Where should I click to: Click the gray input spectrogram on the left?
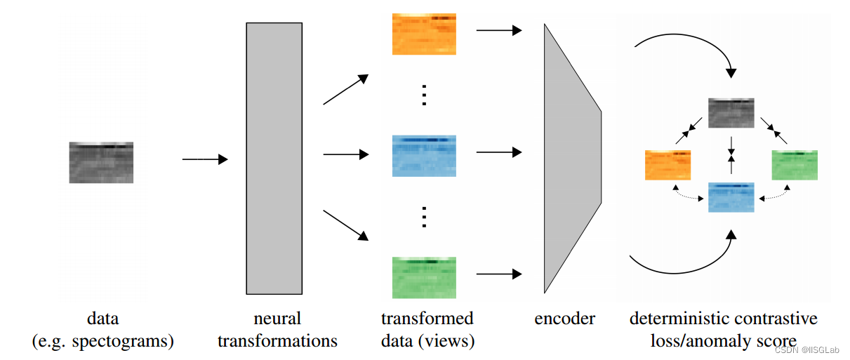(101, 162)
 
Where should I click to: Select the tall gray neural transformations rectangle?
(274, 158)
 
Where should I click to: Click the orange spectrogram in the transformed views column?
(424, 34)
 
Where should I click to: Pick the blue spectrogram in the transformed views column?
(424, 155)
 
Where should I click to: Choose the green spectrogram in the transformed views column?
(424, 277)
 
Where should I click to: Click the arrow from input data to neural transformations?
(205, 159)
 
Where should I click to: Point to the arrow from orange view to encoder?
(499, 30)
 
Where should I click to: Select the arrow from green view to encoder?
(499, 274)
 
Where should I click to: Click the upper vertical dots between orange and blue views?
(424, 94)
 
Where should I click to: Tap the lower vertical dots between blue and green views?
(424, 217)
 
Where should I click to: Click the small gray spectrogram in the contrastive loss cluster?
(731, 113)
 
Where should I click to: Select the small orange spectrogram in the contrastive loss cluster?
(668, 165)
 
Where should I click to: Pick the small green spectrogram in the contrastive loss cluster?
(795, 165)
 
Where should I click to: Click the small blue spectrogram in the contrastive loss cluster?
(731, 197)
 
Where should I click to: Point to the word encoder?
(564, 319)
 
